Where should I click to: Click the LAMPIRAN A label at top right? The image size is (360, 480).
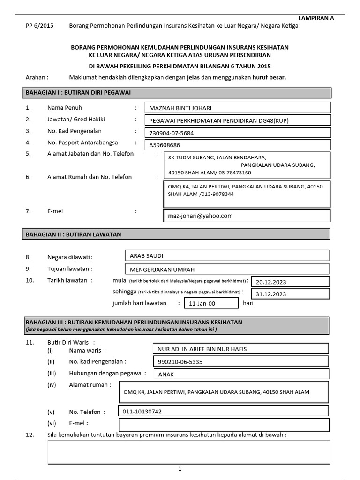[316, 18]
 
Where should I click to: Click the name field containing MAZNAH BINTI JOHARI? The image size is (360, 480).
[237, 108]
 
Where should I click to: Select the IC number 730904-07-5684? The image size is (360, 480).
[237, 133]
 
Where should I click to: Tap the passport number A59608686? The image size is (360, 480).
[237, 145]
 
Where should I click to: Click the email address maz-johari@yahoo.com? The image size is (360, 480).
[247, 216]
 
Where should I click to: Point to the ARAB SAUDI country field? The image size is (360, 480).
[227, 256]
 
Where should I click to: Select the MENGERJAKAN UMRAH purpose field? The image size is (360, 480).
[227, 269]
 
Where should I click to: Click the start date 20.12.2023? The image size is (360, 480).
[290, 282]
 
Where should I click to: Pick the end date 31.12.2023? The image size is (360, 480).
[290, 294]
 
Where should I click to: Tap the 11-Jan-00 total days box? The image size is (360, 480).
[211, 303]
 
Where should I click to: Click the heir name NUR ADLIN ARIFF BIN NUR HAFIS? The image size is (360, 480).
[241, 349]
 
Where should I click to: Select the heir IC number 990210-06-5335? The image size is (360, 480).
[241, 362]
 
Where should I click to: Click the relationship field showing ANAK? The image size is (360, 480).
[241, 375]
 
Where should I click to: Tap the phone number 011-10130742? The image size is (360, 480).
[223, 411]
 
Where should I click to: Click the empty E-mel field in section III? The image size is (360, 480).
[224, 425]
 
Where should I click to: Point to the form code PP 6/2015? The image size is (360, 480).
[39, 26]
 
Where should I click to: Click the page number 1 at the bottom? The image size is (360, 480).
[180, 468]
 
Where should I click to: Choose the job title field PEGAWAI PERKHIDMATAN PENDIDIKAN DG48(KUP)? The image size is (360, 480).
[237, 120]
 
